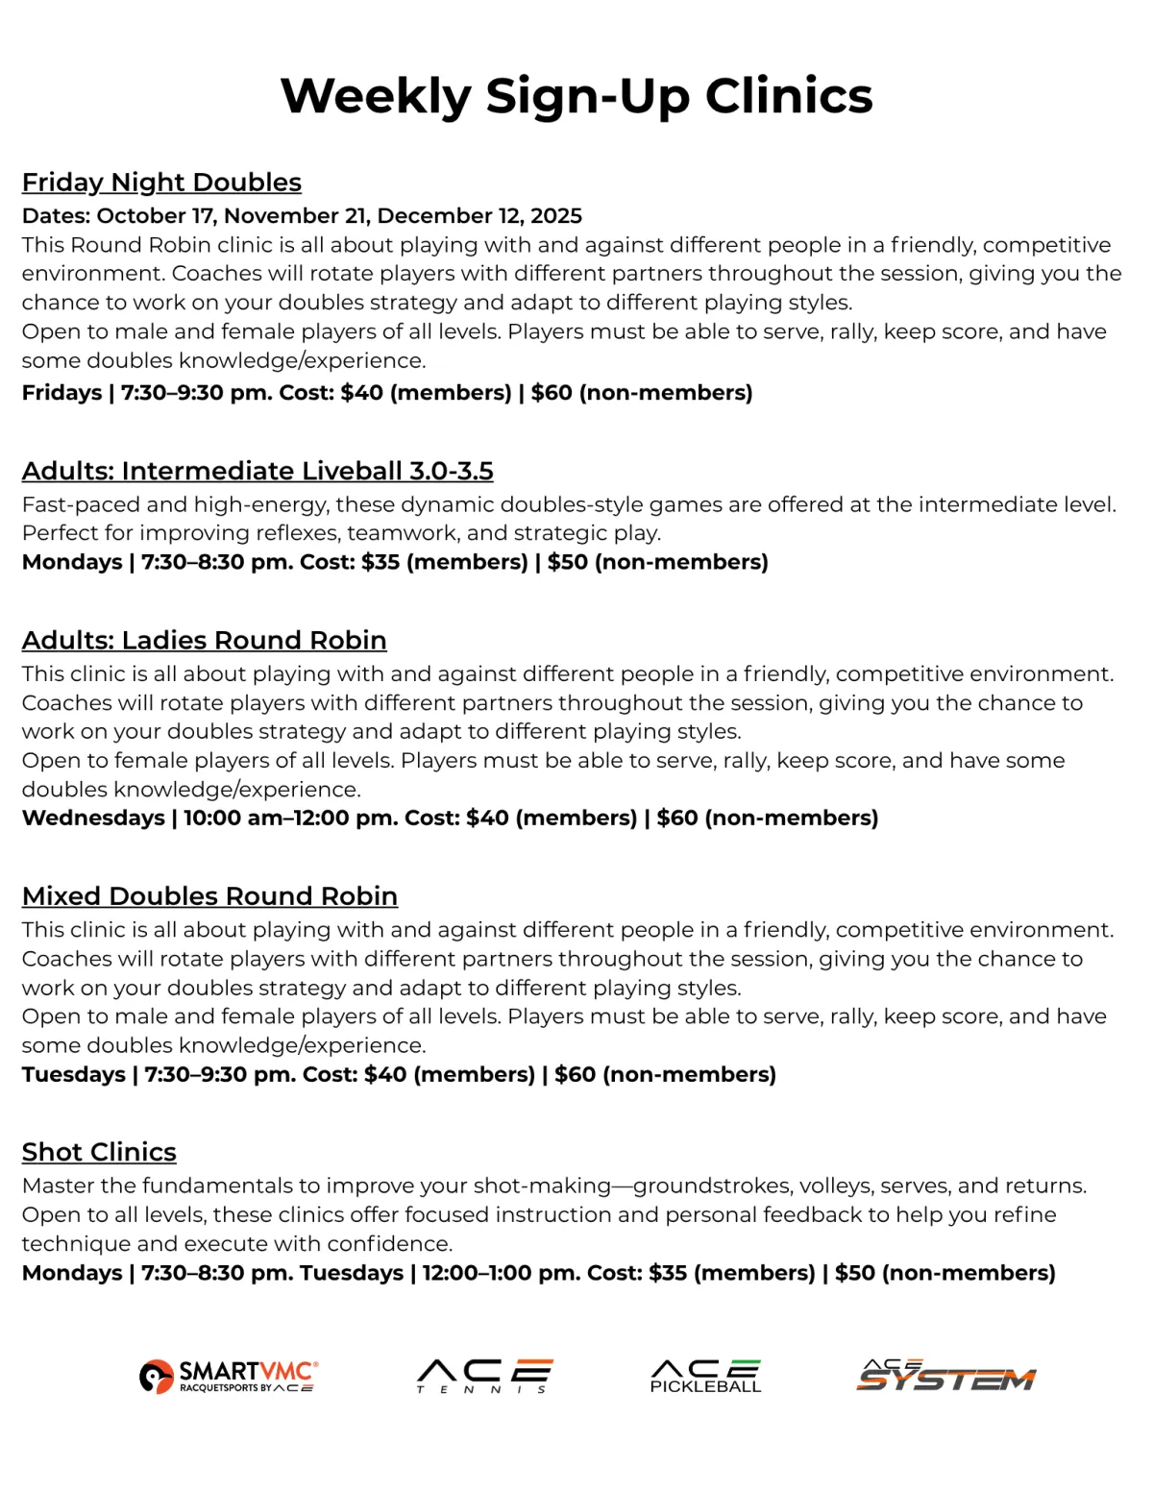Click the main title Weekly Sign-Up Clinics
(576, 96)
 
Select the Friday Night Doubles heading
(161, 182)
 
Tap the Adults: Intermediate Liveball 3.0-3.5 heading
(258, 471)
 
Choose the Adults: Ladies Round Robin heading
(204, 640)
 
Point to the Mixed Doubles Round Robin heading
(209, 895)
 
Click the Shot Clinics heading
(99, 1151)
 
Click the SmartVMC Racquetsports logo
(229, 1376)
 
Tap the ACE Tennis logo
(485, 1376)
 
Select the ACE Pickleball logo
(705, 1376)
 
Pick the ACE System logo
(945, 1376)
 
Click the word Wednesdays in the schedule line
(93, 818)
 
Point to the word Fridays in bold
(61, 392)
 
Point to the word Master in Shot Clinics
(57, 1186)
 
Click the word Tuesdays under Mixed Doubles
(73, 1074)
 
